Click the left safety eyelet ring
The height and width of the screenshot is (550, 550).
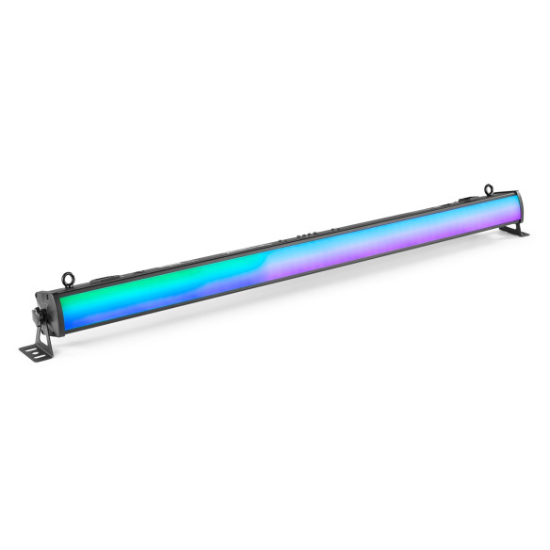68,278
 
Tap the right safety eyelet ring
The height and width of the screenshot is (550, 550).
488,190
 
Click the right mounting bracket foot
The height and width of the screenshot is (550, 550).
515,231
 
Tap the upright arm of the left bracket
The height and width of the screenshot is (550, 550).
41,332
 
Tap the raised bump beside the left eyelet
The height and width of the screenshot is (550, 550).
94,280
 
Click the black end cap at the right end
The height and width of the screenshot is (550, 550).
521,208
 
